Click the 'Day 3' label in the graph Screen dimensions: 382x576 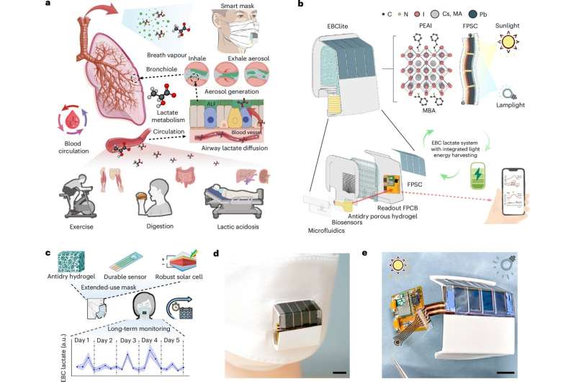coord(127,339)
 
